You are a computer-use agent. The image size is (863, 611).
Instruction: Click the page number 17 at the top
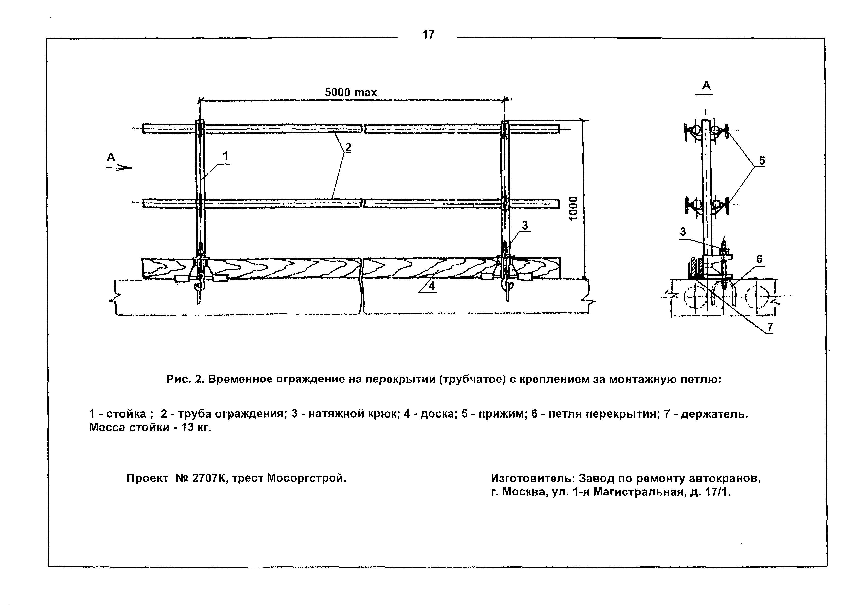(428, 35)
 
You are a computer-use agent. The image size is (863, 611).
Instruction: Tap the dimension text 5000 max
(351, 92)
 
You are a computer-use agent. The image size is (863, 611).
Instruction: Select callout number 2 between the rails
(348, 148)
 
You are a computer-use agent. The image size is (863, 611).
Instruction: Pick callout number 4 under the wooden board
(431, 286)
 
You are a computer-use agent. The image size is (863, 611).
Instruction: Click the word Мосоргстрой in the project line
(306, 478)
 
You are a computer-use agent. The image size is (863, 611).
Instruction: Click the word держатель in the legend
(714, 414)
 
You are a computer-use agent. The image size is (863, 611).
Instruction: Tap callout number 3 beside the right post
(525, 225)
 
